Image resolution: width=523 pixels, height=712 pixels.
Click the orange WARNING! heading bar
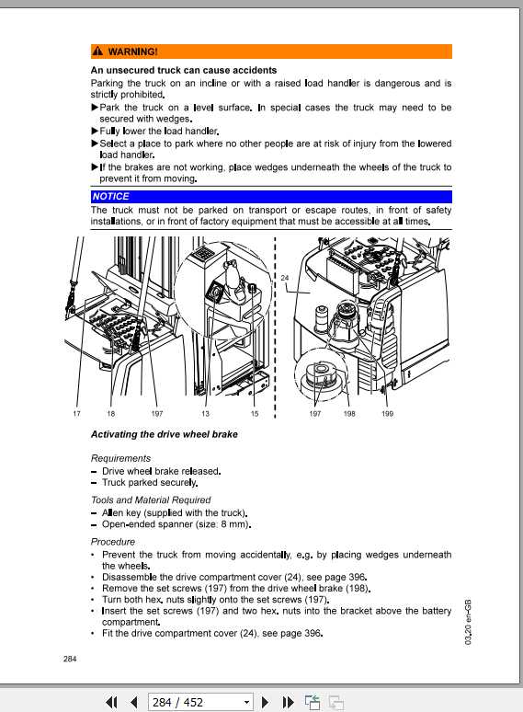tap(270, 52)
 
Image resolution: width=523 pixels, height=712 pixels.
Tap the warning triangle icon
tap(97, 52)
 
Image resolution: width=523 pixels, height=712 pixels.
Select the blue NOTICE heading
tap(110, 196)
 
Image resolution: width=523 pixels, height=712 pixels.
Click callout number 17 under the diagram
tap(76, 414)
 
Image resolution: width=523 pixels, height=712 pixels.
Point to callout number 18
tap(110, 414)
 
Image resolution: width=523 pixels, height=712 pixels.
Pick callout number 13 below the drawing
tap(206, 414)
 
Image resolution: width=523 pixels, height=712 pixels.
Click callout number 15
tap(255, 414)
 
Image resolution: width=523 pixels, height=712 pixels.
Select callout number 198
tap(349, 414)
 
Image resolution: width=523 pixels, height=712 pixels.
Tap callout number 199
tap(387, 414)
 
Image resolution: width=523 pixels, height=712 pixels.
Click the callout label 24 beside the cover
tap(284, 278)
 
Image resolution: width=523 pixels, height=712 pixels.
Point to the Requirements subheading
tap(120, 458)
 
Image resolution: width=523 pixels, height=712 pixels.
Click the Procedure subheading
tap(112, 542)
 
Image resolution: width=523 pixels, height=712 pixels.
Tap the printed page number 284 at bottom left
tap(71, 658)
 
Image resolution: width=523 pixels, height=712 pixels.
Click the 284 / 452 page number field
tap(193, 702)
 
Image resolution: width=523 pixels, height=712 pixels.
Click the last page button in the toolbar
tap(288, 702)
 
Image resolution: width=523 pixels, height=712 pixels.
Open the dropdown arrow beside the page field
tap(246, 702)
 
